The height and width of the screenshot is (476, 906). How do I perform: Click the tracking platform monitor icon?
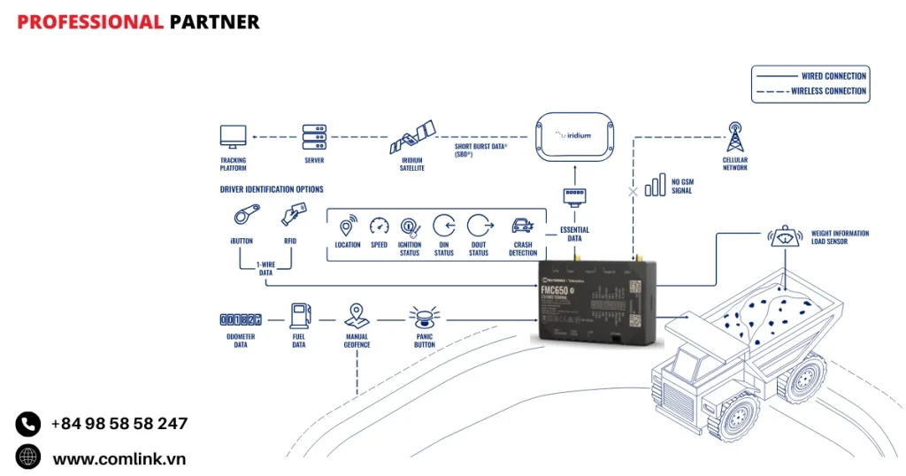tap(233, 137)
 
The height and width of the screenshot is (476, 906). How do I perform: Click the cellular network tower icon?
tap(734, 138)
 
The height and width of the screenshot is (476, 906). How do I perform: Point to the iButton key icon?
tap(244, 215)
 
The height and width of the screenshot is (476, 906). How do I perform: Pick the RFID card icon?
tap(294, 214)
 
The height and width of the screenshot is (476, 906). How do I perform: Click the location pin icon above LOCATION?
tap(348, 225)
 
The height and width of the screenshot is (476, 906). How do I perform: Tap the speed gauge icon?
tap(380, 226)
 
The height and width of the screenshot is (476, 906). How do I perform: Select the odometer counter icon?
tap(240, 319)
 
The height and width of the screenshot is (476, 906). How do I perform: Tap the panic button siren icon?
tap(424, 318)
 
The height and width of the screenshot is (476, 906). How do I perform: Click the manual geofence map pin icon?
tap(357, 316)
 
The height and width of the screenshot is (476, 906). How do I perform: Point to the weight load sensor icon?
tap(785, 236)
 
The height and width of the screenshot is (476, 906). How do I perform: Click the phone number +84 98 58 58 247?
tap(119, 424)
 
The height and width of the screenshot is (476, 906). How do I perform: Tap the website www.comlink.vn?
tap(119, 458)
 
